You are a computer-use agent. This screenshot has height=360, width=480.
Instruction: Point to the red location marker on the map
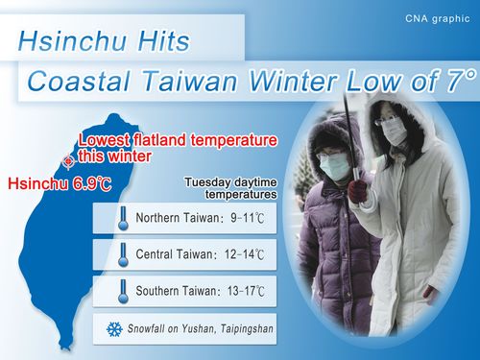[x=66, y=160]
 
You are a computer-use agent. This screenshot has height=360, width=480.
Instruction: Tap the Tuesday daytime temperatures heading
[x=229, y=186]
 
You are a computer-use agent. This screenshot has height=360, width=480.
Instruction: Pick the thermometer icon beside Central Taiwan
[x=123, y=255]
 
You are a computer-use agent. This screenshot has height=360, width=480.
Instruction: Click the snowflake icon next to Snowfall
[x=113, y=328]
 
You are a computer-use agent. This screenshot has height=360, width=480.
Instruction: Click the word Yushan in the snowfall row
[x=200, y=328]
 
